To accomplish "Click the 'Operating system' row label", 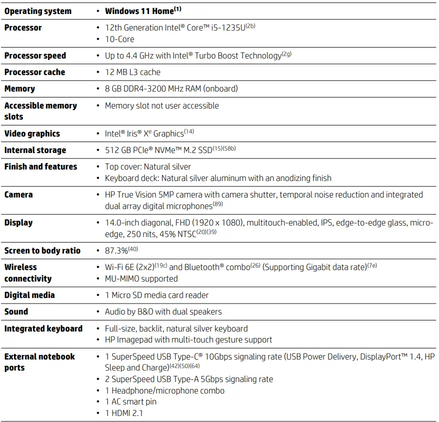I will click(x=38, y=11).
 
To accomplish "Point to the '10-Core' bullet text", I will click(x=119, y=39).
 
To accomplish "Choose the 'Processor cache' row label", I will click(x=34, y=72).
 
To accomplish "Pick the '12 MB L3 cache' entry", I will click(x=132, y=72).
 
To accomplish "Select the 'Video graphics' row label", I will click(x=32, y=133).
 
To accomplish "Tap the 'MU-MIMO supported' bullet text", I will click(x=141, y=278).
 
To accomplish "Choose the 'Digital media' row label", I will click(x=29, y=295).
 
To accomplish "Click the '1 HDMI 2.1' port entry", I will click(x=124, y=413).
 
